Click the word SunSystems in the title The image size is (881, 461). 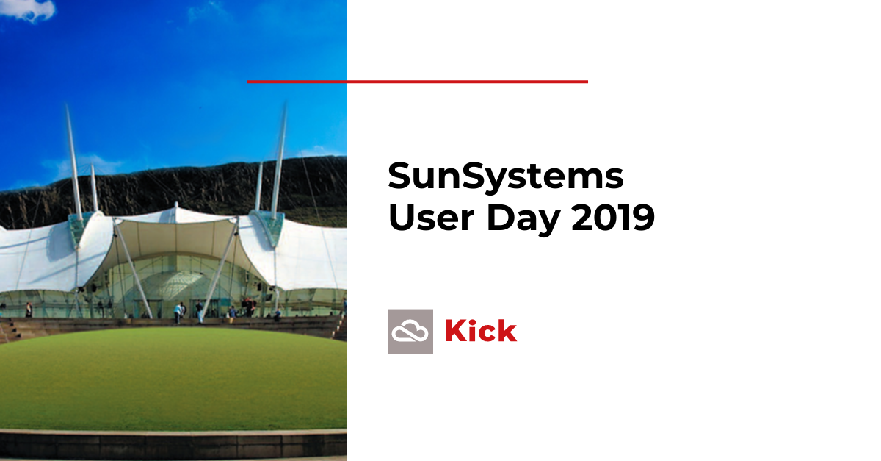[506, 176]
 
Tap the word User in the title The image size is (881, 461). [432, 217]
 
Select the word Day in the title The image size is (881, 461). [523, 218]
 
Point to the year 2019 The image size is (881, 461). [613, 217]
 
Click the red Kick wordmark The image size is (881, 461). [481, 331]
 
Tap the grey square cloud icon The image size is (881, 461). [410, 332]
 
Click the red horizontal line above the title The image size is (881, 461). [418, 82]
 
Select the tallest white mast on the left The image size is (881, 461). [73, 162]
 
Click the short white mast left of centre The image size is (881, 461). [94, 187]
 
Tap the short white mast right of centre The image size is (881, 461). [258, 186]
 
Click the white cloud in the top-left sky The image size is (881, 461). [28, 10]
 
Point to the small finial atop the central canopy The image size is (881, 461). [176, 205]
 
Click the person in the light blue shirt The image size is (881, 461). [178, 313]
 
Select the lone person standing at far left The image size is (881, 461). [29, 310]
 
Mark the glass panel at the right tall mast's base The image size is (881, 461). [269, 228]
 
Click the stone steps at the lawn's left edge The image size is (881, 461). [10, 330]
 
